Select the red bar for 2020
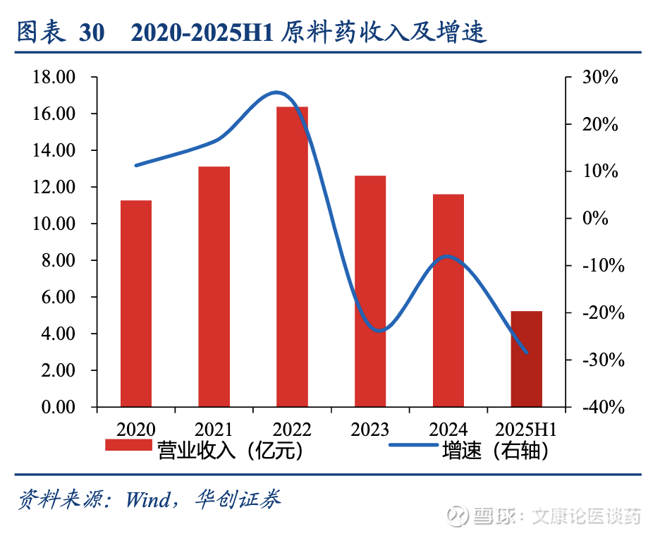pos(136,303)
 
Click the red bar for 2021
pos(214,286)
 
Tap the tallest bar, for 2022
pos(292,257)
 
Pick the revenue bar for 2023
pos(370,291)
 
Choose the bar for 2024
pos(448,300)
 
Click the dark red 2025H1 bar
pos(526,358)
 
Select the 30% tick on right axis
pos(600,78)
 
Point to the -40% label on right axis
pos(599,407)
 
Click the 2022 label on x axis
pos(292,429)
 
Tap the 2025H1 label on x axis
pos(526,429)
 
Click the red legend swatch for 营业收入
pos(128,445)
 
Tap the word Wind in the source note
pos(147,499)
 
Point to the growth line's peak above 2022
pos(276,92)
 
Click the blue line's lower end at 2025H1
pos(526,352)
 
